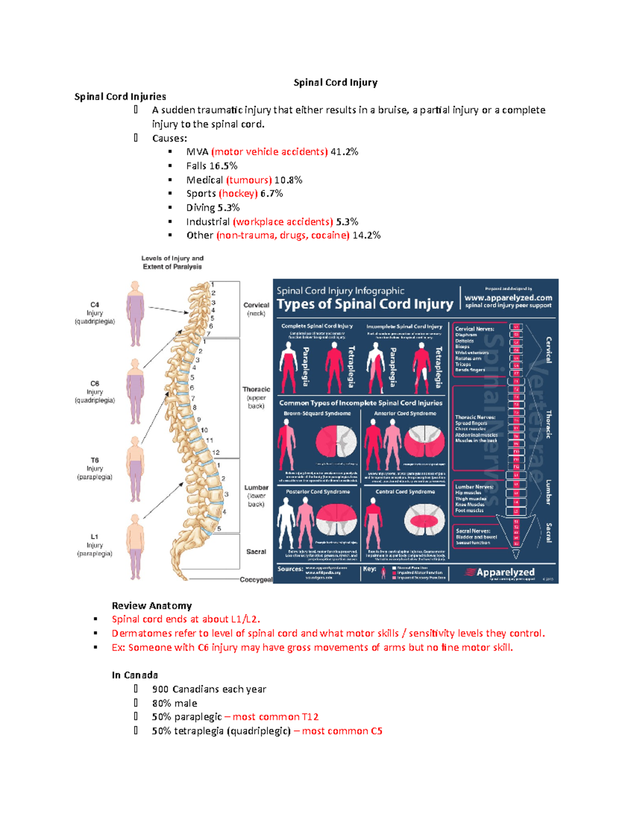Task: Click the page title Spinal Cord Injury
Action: pos(335,82)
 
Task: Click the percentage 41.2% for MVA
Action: pos(344,152)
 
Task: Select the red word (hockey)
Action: pos(238,194)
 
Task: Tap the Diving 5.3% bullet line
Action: pos(212,208)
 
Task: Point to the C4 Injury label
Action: pos(95,313)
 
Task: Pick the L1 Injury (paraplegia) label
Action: pos(95,545)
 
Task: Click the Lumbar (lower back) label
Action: pos(256,495)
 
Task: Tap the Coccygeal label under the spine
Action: pos(256,579)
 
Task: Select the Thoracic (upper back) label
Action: pos(256,397)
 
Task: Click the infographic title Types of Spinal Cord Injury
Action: pos(365,304)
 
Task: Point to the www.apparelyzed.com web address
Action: pos(508,298)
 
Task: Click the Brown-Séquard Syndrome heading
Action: pos(317,413)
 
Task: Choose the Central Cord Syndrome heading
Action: pos(405,492)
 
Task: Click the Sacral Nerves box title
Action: pos(473,531)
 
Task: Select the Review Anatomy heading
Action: pos(152,606)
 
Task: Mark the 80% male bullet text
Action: pos(174,703)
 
